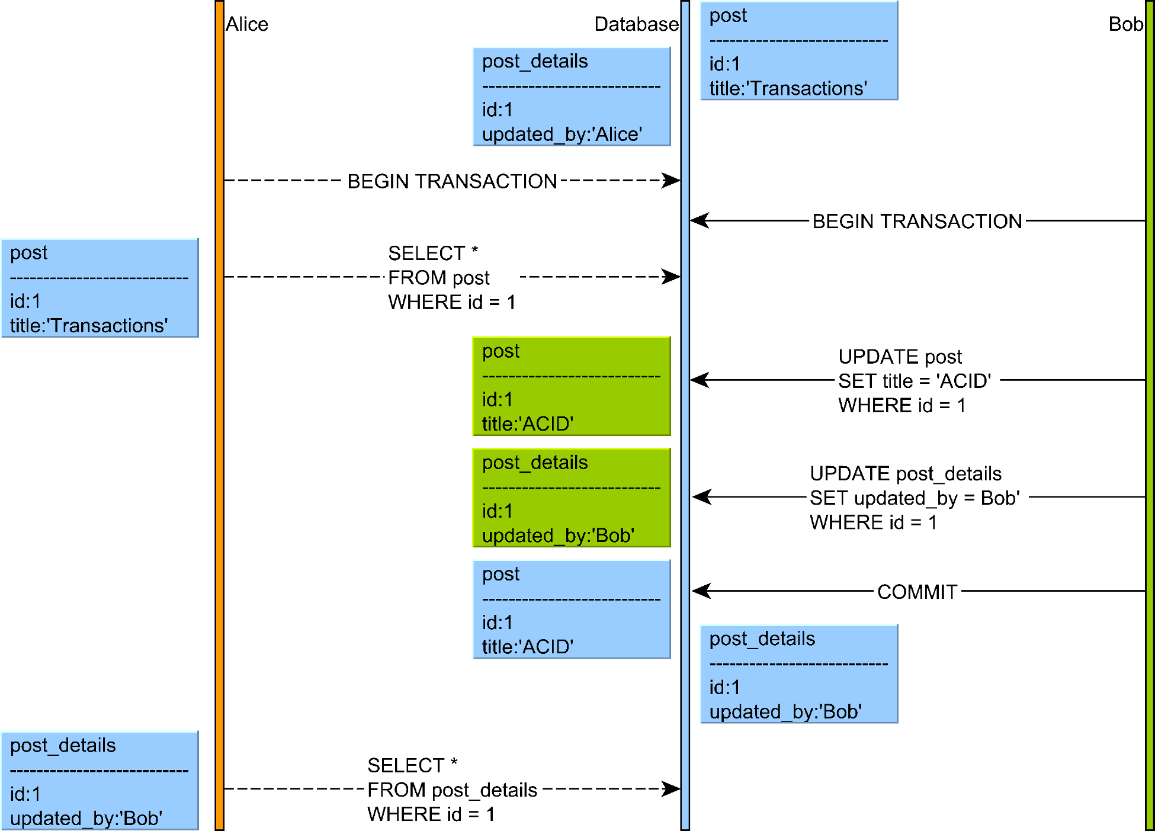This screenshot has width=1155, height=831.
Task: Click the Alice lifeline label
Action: pyautogui.click(x=247, y=24)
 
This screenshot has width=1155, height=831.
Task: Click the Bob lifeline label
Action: pyautogui.click(x=1125, y=24)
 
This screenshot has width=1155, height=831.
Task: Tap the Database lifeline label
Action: pyautogui.click(x=636, y=24)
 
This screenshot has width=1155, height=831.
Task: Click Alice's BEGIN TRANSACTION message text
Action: pyautogui.click(x=452, y=181)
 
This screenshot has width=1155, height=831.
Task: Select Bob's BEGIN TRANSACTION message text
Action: pyautogui.click(x=917, y=221)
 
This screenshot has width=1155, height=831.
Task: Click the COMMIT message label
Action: pyautogui.click(x=917, y=592)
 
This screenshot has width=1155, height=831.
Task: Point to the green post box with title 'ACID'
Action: pyautogui.click(x=572, y=386)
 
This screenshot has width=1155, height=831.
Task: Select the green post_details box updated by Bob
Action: pyautogui.click(x=572, y=498)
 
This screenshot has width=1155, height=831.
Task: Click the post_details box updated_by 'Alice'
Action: pyautogui.click(x=572, y=97)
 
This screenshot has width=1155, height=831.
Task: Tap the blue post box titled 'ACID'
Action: pyautogui.click(x=572, y=609)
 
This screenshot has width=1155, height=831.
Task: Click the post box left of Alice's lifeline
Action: pyautogui.click(x=100, y=288)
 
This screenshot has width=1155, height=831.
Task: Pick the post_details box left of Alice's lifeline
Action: pyautogui.click(x=100, y=781)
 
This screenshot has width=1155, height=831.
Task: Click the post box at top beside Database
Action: pyautogui.click(x=799, y=51)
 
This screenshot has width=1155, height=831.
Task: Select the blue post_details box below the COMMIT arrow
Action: pyautogui.click(x=799, y=674)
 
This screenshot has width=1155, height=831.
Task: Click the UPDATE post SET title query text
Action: pyautogui.click(x=914, y=381)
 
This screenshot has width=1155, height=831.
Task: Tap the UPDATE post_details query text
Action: pyautogui.click(x=914, y=498)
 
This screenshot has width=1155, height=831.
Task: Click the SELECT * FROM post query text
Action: pyautogui.click(x=451, y=277)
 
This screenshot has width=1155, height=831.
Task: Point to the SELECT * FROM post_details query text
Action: pyautogui.click(x=451, y=790)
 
